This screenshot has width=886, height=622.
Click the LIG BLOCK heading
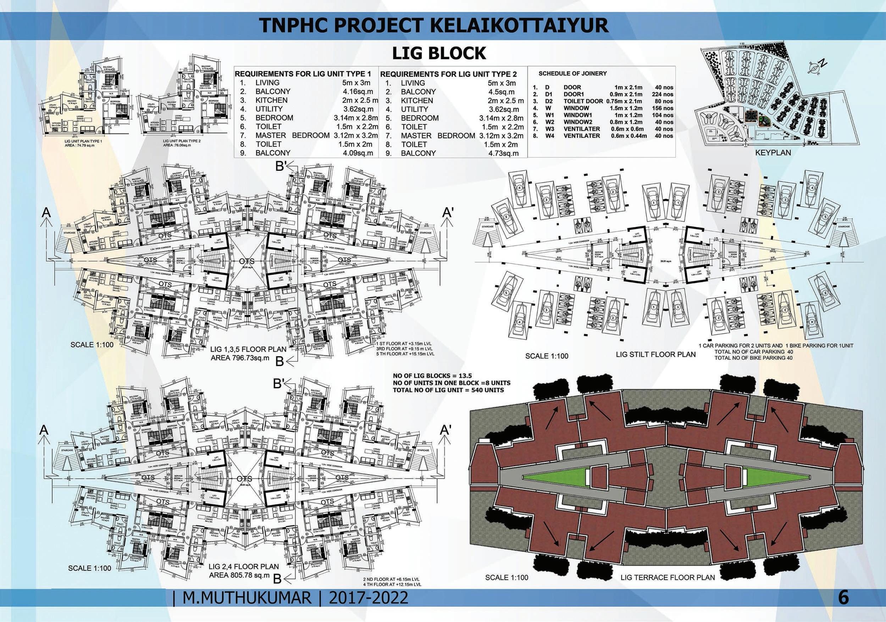point(439,54)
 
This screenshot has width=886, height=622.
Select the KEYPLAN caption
point(773,153)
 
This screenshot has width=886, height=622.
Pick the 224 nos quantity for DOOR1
point(663,94)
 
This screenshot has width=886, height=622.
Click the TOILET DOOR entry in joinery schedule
point(583,101)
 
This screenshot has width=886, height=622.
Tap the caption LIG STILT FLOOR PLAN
point(655,354)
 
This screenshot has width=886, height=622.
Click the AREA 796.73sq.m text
point(239,358)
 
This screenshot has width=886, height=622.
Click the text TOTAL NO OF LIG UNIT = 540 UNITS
point(448,390)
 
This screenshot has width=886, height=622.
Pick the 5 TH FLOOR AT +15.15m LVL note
point(405,354)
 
